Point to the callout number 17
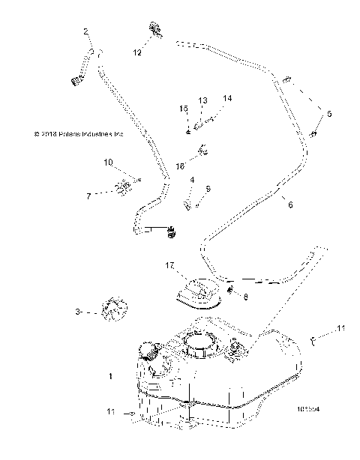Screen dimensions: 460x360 (170, 264)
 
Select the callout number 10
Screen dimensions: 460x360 (108, 162)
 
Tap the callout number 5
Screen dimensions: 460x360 (328, 113)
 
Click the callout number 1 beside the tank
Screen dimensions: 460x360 (112, 376)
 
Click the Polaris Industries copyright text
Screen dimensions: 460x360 (78, 135)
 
